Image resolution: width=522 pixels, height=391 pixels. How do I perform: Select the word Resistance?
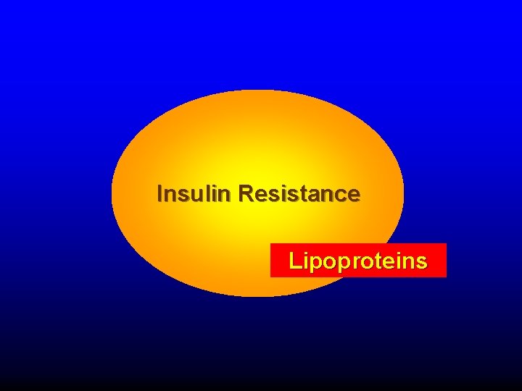[298, 194]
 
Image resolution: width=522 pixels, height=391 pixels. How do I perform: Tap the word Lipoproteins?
[357, 261]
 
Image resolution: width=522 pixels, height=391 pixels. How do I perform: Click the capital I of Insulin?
[160, 194]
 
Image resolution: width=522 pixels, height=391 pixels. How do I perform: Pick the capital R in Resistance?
[244, 194]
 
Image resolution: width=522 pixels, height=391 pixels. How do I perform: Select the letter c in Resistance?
[339, 195]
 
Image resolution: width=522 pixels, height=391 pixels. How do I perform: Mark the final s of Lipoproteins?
[421, 261]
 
